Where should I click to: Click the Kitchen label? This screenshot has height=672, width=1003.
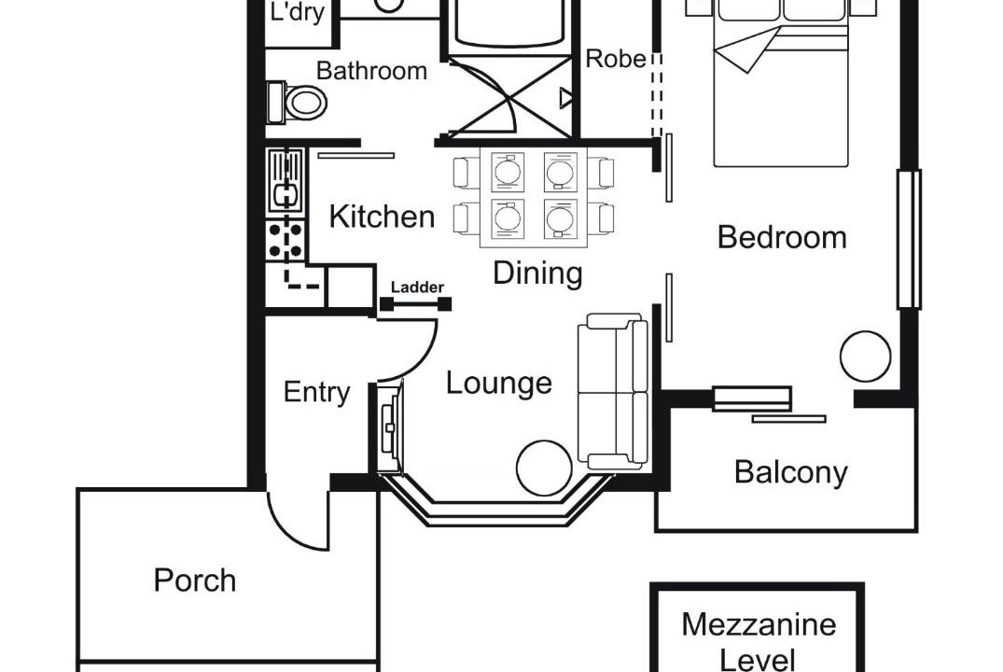[x=382, y=217]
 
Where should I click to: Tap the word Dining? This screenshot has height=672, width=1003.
[x=537, y=273]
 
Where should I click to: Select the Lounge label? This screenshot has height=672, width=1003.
[x=499, y=383]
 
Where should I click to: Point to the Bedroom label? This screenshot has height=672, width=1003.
[x=782, y=237]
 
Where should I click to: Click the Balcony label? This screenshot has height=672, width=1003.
[x=790, y=472]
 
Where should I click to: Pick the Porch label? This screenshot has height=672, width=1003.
[x=195, y=580]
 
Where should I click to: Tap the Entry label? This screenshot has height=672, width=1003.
[x=316, y=392]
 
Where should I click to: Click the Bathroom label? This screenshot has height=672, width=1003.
[x=371, y=70]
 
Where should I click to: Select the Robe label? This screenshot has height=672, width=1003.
[x=616, y=58]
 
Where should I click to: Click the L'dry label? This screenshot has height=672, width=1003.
[x=297, y=12]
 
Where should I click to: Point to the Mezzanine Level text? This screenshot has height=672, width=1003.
[x=759, y=640]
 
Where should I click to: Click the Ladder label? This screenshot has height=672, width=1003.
[x=417, y=287]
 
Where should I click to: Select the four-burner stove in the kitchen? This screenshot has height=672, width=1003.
[x=286, y=240]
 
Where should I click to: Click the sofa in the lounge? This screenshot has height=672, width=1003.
[x=613, y=391]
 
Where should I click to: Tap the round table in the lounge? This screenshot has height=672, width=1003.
[x=544, y=468]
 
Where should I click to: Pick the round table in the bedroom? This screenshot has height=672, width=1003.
[x=865, y=357]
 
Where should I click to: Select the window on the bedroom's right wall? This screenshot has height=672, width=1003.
[x=909, y=239]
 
